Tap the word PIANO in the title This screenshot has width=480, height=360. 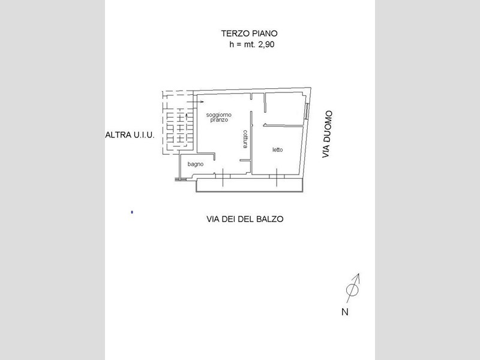265,34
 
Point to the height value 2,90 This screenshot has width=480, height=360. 266,44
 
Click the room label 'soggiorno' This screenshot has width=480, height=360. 219,115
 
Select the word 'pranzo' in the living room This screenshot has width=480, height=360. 219,120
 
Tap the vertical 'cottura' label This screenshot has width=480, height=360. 245,139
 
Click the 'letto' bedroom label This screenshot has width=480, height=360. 278,149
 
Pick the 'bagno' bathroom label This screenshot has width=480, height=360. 196,164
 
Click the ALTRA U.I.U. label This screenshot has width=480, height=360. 130,135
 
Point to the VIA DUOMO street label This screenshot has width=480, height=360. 327,134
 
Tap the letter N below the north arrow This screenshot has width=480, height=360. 345,312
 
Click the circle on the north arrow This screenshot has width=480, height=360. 352,290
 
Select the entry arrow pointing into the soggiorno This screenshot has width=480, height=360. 195,101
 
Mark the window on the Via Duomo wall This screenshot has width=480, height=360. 307,111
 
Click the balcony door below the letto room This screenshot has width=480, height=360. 277,177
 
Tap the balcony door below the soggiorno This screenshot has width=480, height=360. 223,177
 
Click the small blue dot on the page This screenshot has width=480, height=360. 132,212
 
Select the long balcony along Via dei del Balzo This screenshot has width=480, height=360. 250,185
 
